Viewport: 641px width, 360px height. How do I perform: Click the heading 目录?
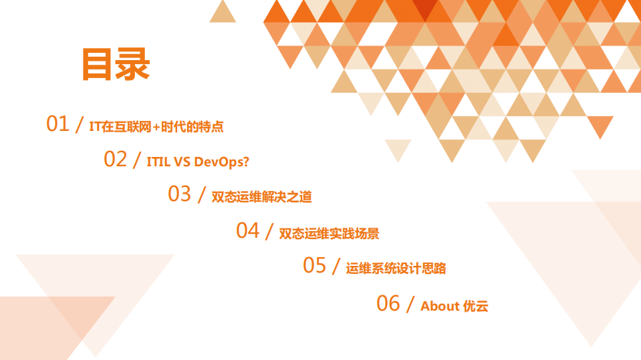click(x=115, y=64)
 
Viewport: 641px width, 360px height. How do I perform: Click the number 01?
click(x=57, y=124)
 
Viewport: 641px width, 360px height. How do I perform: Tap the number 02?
click(x=115, y=159)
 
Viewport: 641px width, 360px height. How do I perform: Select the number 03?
click(x=179, y=194)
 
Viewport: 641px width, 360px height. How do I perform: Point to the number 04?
click(x=247, y=230)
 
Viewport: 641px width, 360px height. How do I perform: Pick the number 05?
click(x=314, y=265)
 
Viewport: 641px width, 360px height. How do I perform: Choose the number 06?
click(x=388, y=303)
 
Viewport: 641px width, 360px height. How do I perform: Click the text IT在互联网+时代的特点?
click(x=156, y=126)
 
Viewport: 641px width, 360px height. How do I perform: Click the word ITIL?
click(x=158, y=162)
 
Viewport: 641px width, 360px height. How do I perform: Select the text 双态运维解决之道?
click(x=261, y=197)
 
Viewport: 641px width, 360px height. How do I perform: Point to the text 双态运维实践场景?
click(x=329, y=234)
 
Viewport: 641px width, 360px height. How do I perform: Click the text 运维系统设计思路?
click(x=396, y=268)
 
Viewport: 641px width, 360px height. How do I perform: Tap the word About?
click(x=440, y=307)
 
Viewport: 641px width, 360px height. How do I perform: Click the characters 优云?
click(x=476, y=307)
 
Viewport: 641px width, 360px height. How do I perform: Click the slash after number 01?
click(x=80, y=124)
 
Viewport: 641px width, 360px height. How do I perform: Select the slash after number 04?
click(x=269, y=231)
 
